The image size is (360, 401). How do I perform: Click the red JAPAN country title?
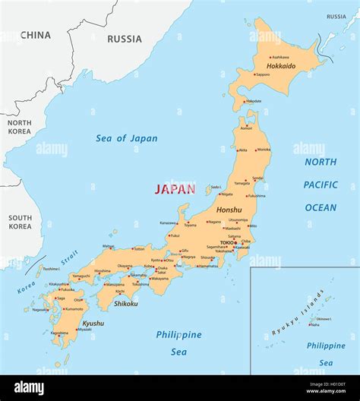click(x=175, y=189)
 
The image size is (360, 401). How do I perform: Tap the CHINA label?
click(x=36, y=35)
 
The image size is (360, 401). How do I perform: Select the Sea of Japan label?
click(x=127, y=138)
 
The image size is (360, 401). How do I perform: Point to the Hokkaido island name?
click(x=280, y=66)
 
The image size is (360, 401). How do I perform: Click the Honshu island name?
click(x=229, y=210)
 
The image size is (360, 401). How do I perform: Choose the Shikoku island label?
click(x=125, y=304)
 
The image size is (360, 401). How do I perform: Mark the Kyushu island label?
click(x=93, y=324)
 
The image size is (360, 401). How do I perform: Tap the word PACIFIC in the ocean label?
click(x=321, y=185)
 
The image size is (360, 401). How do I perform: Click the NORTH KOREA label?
click(x=20, y=127)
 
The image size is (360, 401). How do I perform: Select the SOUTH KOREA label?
click(x=20, y=222)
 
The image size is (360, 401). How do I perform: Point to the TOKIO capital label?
click(x=227, y=243)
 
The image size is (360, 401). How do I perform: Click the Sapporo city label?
click(x=263, y=74)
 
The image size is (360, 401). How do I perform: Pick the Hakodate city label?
click(x=254, y=101)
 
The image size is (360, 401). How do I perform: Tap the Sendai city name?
click(x=257, y=178)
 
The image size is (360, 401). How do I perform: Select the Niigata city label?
click(x=227, y=194)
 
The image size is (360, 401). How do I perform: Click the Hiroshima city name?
click(x=102, y=271)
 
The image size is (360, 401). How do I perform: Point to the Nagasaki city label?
click(x=40, y=309)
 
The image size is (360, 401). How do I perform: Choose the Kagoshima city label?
click(x=59, y=333)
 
